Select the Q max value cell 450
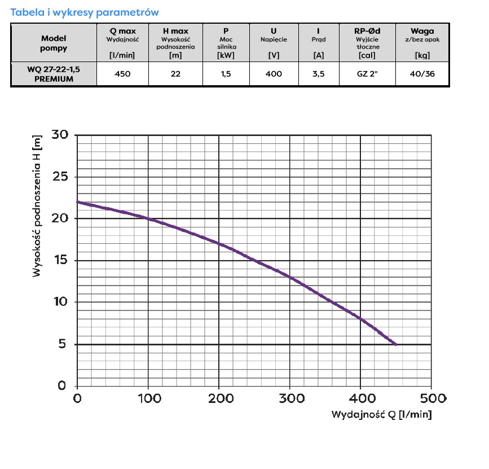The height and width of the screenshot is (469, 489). [122, 74]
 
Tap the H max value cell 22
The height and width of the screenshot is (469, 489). [175, 74]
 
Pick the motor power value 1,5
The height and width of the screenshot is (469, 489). [226, 74]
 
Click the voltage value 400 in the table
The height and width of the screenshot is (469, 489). [274, 74]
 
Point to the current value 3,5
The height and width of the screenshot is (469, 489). [318, 74]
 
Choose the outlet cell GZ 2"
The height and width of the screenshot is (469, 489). [367, 74]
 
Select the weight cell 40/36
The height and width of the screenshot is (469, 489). [422, 74]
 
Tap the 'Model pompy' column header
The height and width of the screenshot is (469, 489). [54, 43]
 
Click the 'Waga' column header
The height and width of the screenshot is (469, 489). [422, 32]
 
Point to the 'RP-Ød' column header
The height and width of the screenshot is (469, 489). [367, 32]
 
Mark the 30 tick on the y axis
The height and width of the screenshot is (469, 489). [59, 135]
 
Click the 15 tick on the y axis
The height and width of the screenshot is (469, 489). [59, 261]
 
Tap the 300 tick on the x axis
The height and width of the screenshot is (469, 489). [289, 398]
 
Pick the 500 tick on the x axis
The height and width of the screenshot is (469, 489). [431, 398]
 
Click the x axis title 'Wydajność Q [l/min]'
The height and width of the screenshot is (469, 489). [381, 415]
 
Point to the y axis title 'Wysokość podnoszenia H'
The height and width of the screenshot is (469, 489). [38, 206]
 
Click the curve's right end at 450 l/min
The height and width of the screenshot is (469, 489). [395, 344]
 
